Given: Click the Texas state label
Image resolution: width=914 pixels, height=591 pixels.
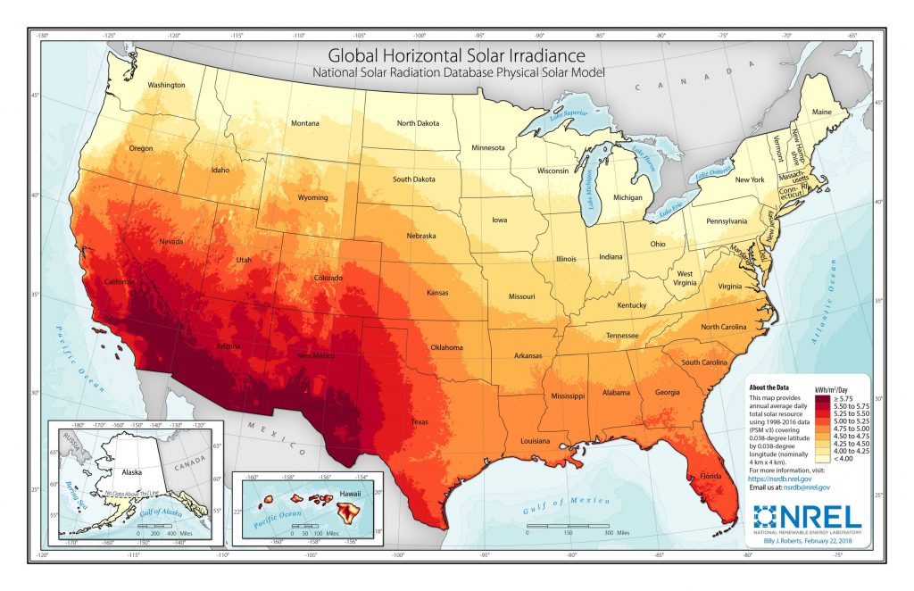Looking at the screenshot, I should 419,420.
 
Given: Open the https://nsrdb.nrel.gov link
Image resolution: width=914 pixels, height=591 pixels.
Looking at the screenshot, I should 780,479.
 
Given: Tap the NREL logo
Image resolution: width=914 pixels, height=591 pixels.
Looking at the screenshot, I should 807,517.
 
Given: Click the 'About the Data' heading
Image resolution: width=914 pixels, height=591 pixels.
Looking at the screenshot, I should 769,387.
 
